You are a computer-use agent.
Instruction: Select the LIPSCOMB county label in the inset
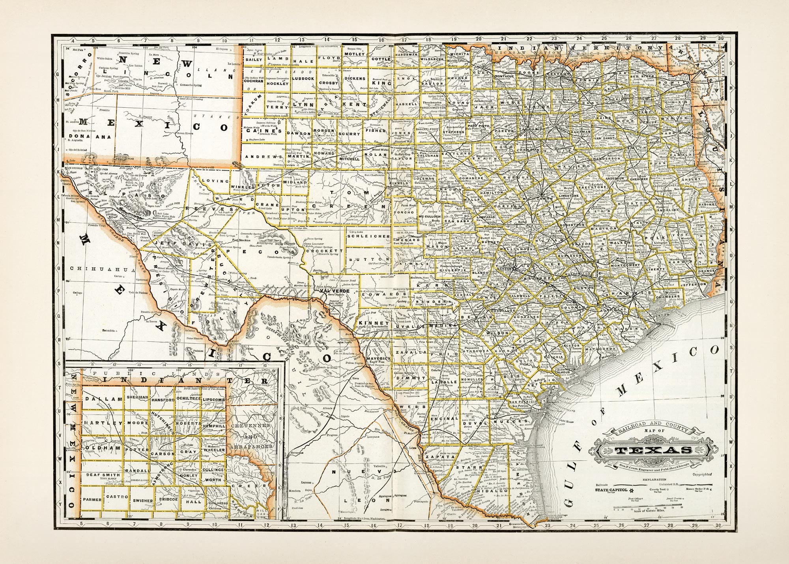214,399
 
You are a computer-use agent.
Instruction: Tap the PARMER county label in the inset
92,499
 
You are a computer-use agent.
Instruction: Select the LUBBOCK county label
303,79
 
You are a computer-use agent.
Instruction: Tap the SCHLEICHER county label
368,236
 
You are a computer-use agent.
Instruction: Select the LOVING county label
215,181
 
